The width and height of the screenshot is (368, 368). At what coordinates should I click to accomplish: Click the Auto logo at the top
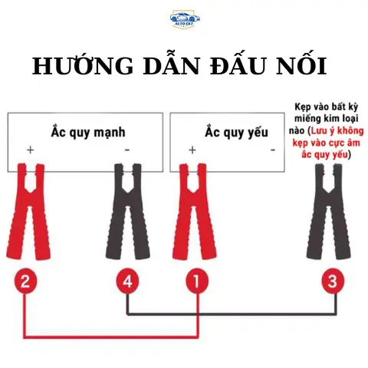(183, 20)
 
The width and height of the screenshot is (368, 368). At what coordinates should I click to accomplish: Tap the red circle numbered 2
(25, 281)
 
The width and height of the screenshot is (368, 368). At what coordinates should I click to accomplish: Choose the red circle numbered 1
(197, 281)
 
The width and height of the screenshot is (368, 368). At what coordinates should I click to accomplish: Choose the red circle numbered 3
(331, 281)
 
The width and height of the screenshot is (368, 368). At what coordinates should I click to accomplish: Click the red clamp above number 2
(28, 211)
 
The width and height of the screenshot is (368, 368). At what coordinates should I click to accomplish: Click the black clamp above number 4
(127, 211)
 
